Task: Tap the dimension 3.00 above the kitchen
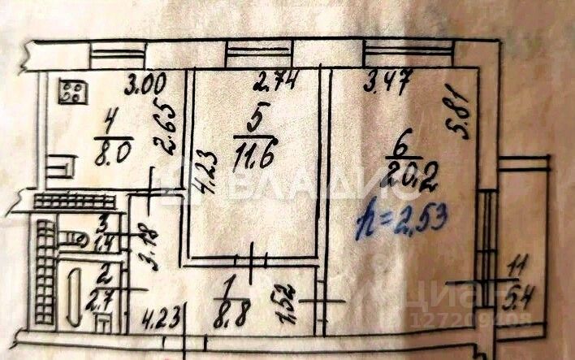[146, 82]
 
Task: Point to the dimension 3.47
[387, 80]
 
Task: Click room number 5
[253, 119]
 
